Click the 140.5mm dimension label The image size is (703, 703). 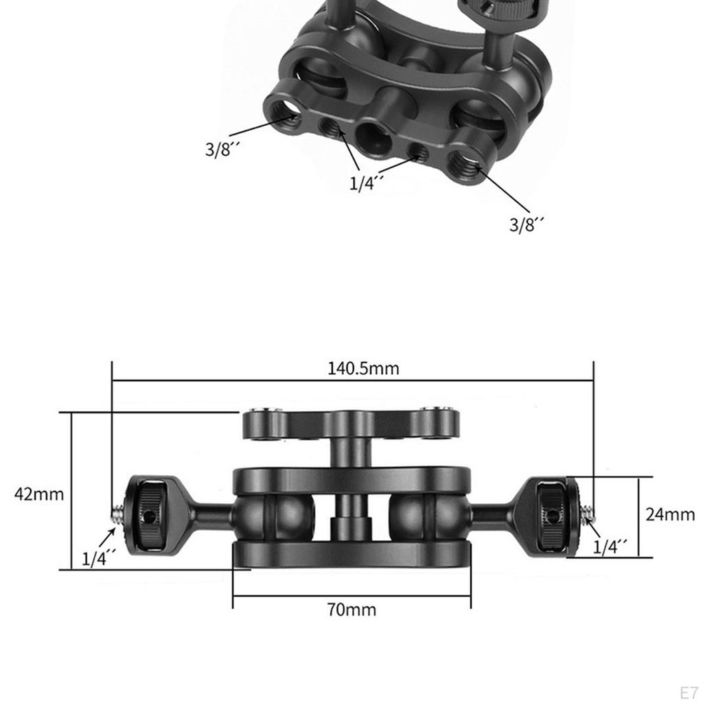pyautogui.click(x=362, y=369)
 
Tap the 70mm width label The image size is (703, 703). pyautogui.click(x=351, y=609)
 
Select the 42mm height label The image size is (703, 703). pyautogui.click(x=39, y=494)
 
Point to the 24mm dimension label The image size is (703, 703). pyautogui.click(x=670, y=514)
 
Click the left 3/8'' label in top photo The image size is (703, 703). pyautogui.click(x=221, y=150)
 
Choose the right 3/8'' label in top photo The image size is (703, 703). pyautogui.click(x=527, y=224)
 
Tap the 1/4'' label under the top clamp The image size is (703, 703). pyautogui.click(x=367, y=183)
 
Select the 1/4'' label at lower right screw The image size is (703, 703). pyautogui.click(x=610, y=546)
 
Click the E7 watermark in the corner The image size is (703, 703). pyautogui.click(x=688, y=691)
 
